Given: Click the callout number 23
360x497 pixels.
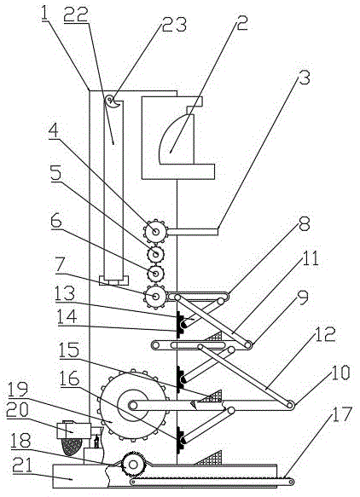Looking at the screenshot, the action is tap(174, 25).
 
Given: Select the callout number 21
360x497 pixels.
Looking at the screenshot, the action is tap(22, 465).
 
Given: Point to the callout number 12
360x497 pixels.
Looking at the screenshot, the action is tap(325, 334).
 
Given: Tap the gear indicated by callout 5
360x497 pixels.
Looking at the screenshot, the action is tap(156, 253).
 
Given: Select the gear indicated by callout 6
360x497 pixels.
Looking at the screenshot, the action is tap(156, 273).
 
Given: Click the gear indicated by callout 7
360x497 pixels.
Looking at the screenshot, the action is tap(155, 296).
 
